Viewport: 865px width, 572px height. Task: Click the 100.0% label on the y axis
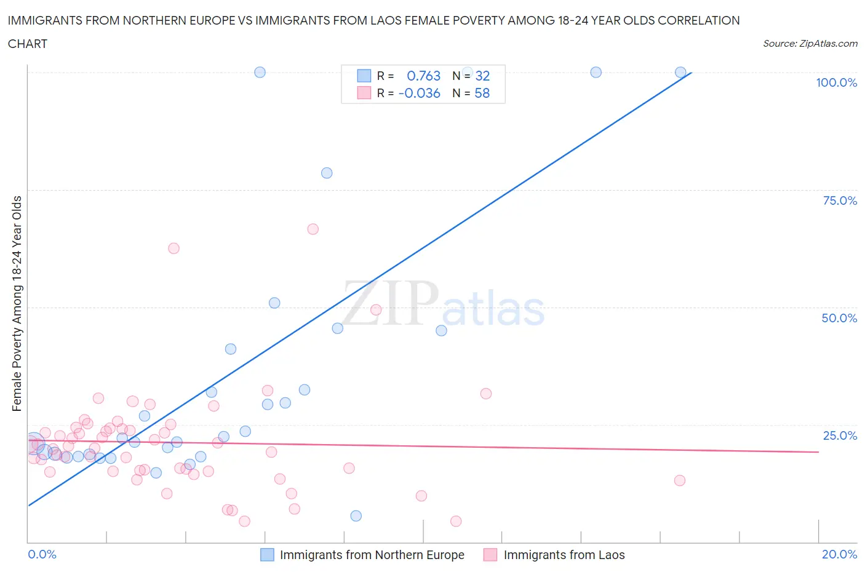tap(836, 82)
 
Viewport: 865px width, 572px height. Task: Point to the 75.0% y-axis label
tap(840, 201)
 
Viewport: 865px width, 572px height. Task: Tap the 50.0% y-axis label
tap(839, 318)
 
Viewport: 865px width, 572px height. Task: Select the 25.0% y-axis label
tap(840, 435)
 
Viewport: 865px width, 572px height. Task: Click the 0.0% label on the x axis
tap(42, 554)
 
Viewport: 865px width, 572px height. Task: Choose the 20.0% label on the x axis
tap(839, 554)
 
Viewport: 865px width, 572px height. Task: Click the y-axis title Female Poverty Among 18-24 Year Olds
tap(17, 303)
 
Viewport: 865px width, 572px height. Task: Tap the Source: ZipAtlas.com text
tap(810, 44)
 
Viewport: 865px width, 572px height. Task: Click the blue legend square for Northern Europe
tap(267, 555)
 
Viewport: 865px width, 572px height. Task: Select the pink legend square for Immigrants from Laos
tap(490, 555)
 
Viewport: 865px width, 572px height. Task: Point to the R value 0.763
tap(423, 76)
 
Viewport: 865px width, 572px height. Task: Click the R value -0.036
tap(420, 93)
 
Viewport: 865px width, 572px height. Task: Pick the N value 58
tap(482, 93)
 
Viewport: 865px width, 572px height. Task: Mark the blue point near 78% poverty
tap(327, 173)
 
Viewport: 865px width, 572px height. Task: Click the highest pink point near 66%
tap(313, 229)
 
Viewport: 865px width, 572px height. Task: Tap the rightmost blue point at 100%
tap(680, 72)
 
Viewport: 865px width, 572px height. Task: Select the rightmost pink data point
tap(680, 480)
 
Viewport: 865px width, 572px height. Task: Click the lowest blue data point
tap(356, 515)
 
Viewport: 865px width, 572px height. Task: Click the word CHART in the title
tap(28, 44)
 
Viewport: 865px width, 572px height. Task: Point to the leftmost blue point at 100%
tap(260, 72)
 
